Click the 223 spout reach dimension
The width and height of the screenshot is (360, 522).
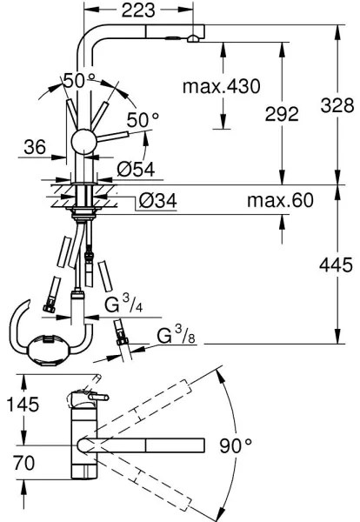point(138,10)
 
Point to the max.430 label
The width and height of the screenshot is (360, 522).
point(222,86)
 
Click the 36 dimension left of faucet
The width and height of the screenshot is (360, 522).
point(36,148)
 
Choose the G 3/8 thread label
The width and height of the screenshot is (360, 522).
point(174,335)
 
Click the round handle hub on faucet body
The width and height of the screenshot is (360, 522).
point(85,142)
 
